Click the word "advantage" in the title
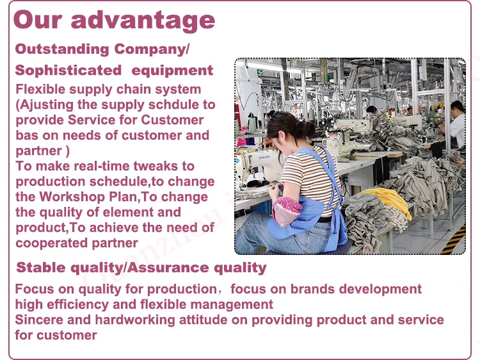point(143,21)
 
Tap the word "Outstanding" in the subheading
point(62,49)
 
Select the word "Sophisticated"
point(68,70)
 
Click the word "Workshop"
point(72,197)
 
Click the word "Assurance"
point(168,268)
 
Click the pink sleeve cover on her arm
point(287,211)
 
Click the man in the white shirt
point(456,125)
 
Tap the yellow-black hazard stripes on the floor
point(454,240)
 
